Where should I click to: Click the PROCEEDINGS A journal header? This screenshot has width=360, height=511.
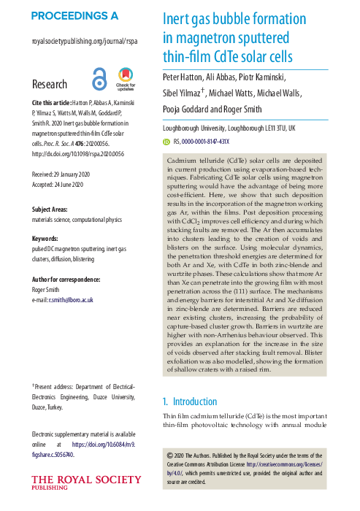click(75, 15)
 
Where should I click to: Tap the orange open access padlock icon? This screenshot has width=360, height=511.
click(99, 78)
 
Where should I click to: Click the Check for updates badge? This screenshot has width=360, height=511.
click(125, 79)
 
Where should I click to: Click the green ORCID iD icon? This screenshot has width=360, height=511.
click(166, 142)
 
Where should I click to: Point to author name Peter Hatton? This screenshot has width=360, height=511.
click(185, 77)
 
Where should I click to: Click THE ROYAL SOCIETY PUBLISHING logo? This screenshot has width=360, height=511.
click(85, 483)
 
